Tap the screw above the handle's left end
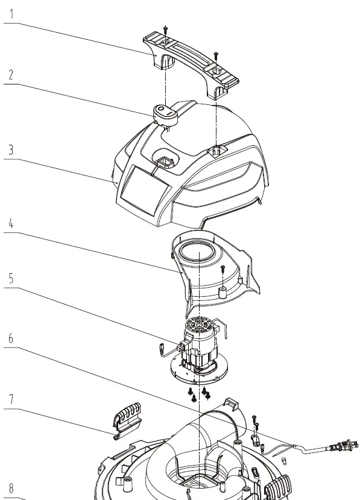(x=165, y=28)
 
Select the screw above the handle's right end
(x=216, y=56)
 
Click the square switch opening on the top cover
(x=165, y=160)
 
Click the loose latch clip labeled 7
(x=127, y=417)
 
